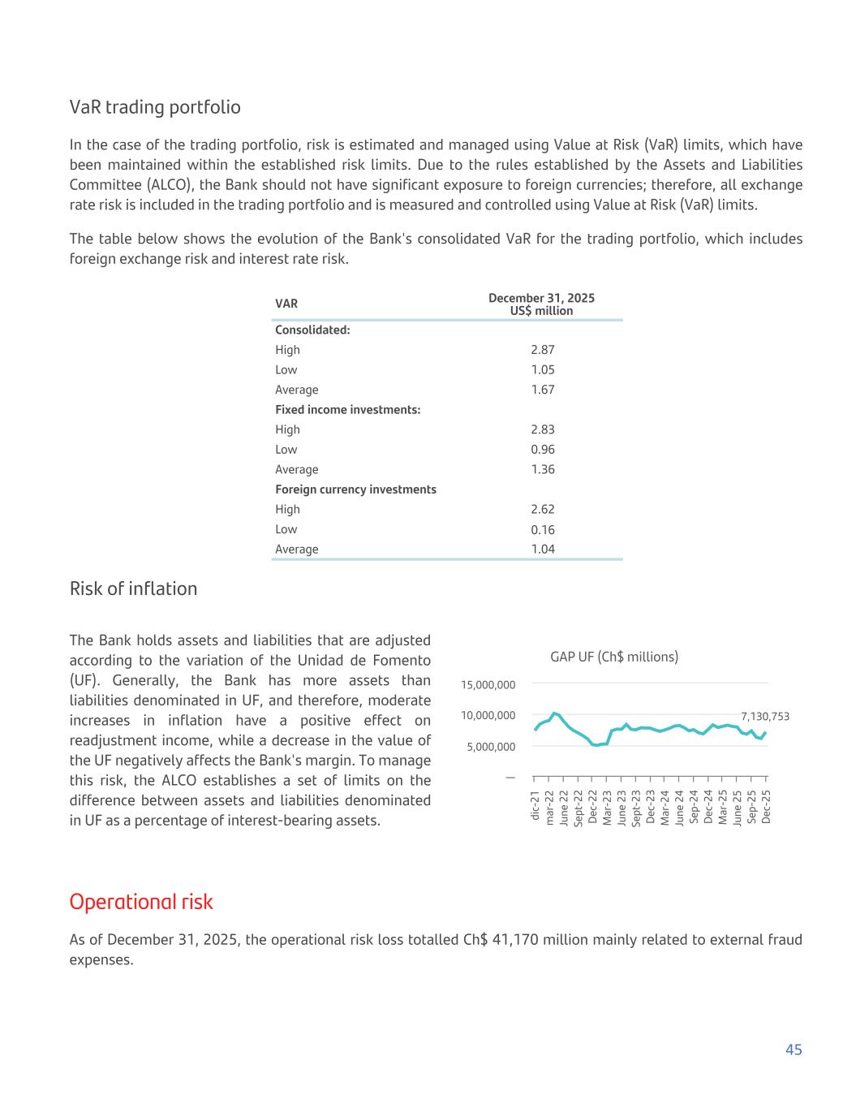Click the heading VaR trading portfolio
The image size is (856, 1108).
pos(155,107)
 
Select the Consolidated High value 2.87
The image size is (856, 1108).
pos(542,350)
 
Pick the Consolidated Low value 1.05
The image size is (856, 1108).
pos(542,370)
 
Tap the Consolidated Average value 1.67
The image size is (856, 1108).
pos(542,390)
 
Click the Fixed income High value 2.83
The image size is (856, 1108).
pos(542,429)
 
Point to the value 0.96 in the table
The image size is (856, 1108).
pos(542,450)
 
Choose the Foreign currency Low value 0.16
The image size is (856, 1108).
pos(542,529)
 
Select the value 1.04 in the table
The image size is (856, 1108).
pos(542,550)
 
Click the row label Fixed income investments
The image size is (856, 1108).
pos(347,410)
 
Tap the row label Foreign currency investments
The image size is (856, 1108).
pos(355,489)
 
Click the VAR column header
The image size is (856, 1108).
pos(286,304)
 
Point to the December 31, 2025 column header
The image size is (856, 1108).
pos(541,298)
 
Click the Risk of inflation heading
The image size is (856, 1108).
pos(133,588)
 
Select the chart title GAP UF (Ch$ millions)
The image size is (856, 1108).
pos(614,657)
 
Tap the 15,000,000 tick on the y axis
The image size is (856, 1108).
pos(488,685)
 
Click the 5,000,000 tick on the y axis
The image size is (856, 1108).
pos(491,747)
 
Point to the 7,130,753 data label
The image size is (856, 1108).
pos(764,717)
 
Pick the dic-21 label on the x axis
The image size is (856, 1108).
pos(535,806)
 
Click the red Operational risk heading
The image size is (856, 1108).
pos(141,902)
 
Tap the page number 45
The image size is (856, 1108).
pos(794,1050)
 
